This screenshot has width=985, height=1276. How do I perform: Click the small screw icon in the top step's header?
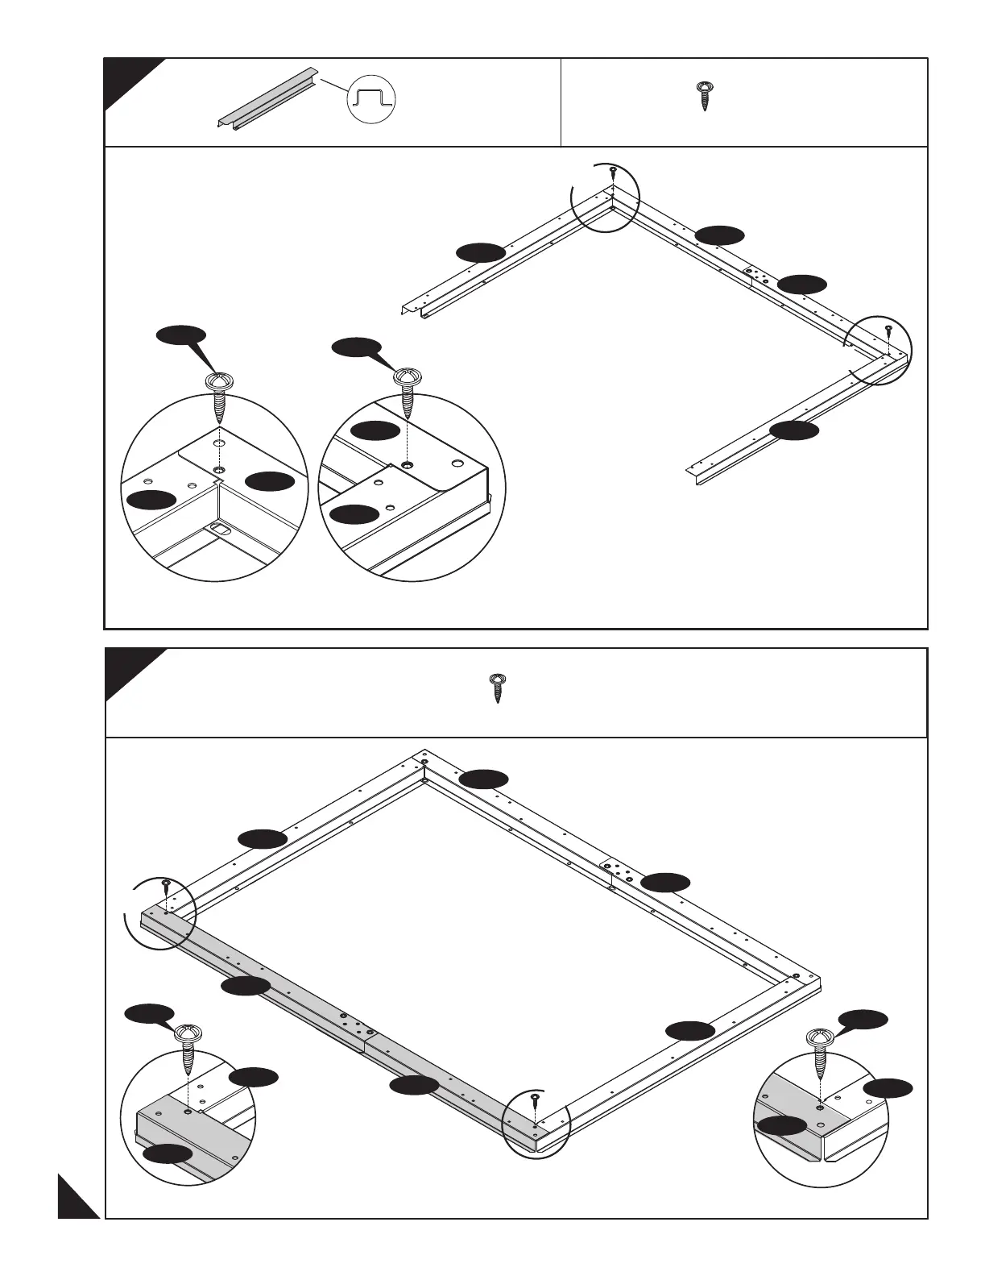pyautogui.click(x=705, y=95)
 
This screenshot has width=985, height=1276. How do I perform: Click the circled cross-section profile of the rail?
pyautogui.click(x=371, y=101)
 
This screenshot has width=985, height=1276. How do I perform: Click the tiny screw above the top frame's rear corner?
pyautogui.click(x=613, y=172)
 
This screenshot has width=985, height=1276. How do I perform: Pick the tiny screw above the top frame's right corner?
pyautogui.click(x=888, y=330)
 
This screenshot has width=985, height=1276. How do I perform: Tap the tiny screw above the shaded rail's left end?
pyautogui.click(x=165, y=886)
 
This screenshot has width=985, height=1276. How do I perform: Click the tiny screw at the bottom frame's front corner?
pyautogui.click(x=535, y=1100)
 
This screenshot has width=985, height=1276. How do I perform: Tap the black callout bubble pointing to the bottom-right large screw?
pyautogui.click(x=863, y=1019)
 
